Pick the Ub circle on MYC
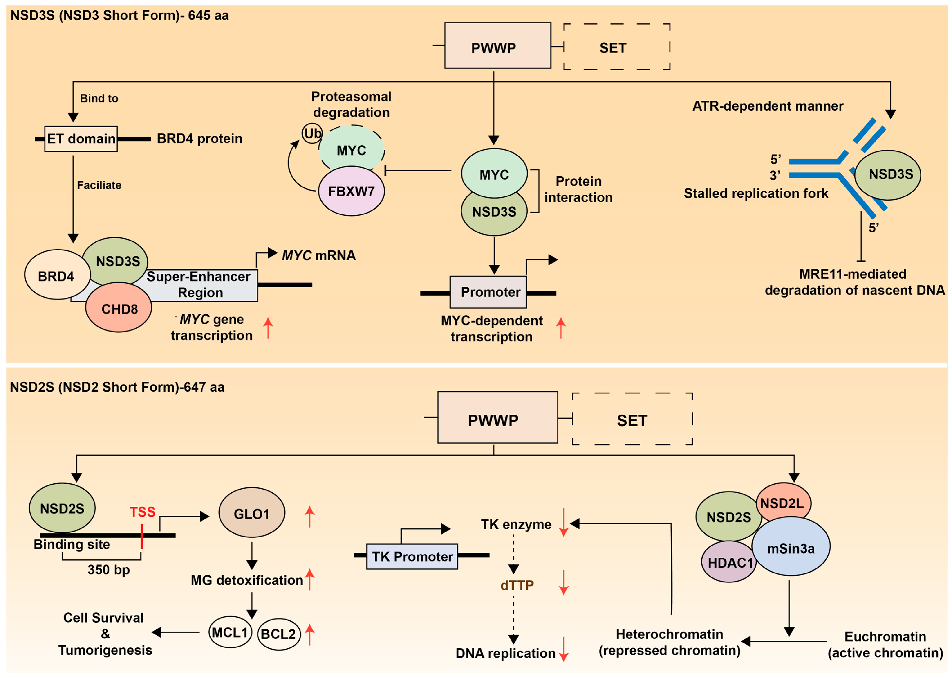[x=312, y=133]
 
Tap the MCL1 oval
[x=230, y=632]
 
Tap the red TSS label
[x=142, y=512]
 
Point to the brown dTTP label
[x=517, y=585]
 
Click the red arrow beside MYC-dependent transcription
[x=561, y=328]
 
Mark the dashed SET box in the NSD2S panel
[x=632, y=420]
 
